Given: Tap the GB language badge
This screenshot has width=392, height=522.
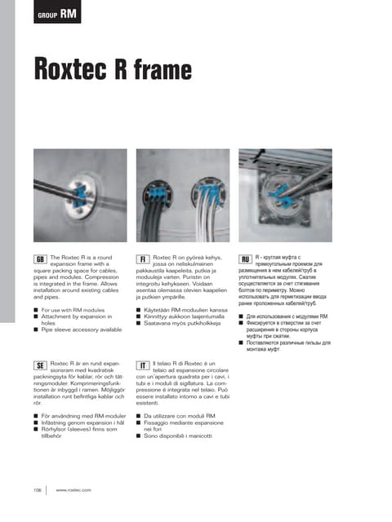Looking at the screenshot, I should coord(39,259).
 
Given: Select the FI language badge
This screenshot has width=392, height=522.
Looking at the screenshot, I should coord(142,259).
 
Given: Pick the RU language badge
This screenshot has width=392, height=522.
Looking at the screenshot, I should coord(244,259).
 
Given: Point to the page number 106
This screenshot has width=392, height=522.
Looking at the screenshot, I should coord(37,489).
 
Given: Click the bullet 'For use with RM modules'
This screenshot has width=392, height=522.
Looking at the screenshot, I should coord(73,312).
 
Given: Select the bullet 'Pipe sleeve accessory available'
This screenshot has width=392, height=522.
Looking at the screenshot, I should coord(81,330).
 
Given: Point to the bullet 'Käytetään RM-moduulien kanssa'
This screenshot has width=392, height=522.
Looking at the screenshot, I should coord(188,312).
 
